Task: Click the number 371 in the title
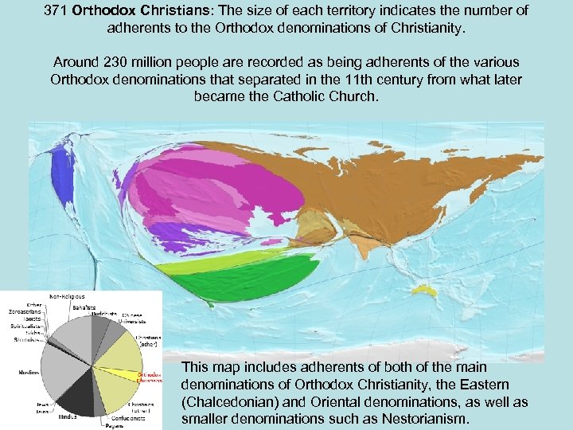coord(57,10)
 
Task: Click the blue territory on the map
coord(60,174)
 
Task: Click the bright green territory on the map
coord(239,275)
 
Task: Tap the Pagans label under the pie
coord(110,425)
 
